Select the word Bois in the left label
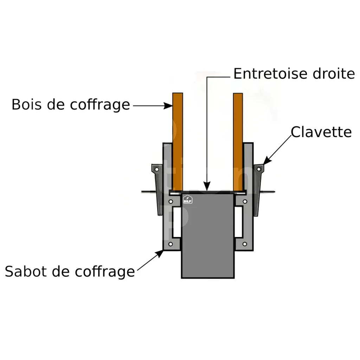(x=25, y=104)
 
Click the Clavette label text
(x=321, y=132)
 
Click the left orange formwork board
(x=177, y=141)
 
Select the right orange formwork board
(x=238, y=141)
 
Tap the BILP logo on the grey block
(x=188, y=199)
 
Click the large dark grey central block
(x=208, y=239)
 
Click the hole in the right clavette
(x=259, y=169)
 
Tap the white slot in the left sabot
(x=176, y=222)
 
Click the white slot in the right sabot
(x=239, y=222)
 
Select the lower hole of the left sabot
(x=171, y=244)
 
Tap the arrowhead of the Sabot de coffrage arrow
(x=162, y=252)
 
